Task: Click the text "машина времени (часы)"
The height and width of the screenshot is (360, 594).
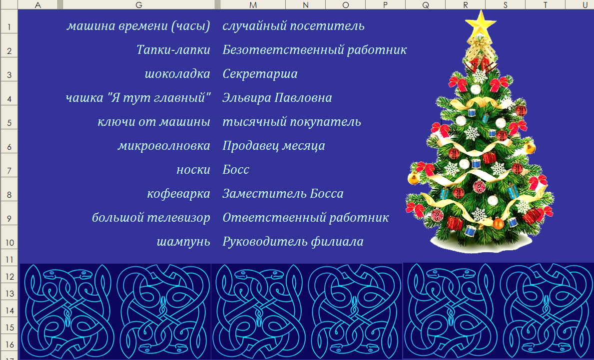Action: click(138, 26)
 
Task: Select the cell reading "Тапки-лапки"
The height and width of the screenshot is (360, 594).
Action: click(173, 50)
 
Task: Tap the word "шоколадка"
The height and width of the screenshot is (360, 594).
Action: click(177, 74)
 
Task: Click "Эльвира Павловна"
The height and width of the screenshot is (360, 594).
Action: click(277, 98)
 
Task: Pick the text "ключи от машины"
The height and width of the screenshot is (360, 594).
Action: click(154, 122)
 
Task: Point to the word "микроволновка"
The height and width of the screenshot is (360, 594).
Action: click(164, 146)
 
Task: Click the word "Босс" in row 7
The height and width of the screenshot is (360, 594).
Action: click(236, 170)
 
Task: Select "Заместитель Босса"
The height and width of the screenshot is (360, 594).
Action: click(283, 194)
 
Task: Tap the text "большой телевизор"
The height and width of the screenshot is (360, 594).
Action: click(151, 218)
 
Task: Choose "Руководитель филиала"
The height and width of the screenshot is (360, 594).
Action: click(293, 242)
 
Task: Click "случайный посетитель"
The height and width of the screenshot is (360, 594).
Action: click(293, 26)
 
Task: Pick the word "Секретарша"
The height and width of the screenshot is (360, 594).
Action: click(260, 74)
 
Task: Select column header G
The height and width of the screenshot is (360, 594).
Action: click(138, 5)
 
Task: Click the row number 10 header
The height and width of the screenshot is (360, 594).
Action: click(8, 243)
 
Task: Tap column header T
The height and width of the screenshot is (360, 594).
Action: click(545, 5)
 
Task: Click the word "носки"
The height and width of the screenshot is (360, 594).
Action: click(193, 170)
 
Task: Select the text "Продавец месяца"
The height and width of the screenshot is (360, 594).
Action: click(274, 146)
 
